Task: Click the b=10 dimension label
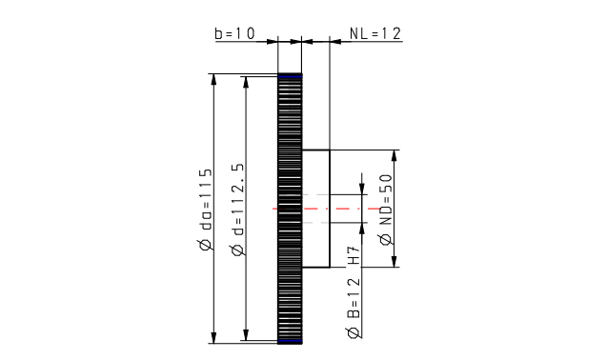click(x=235, y=33)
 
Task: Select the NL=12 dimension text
click(x=375, y=33)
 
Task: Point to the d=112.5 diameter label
click(x=238, y=200)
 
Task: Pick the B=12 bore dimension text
click(x=354, y=298)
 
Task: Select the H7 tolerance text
click(x=354, y=255)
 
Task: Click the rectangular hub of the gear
click(x=316, y=209)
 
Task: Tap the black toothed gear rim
click(x=290, y=209)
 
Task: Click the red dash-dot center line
click(x=327, y=209)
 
